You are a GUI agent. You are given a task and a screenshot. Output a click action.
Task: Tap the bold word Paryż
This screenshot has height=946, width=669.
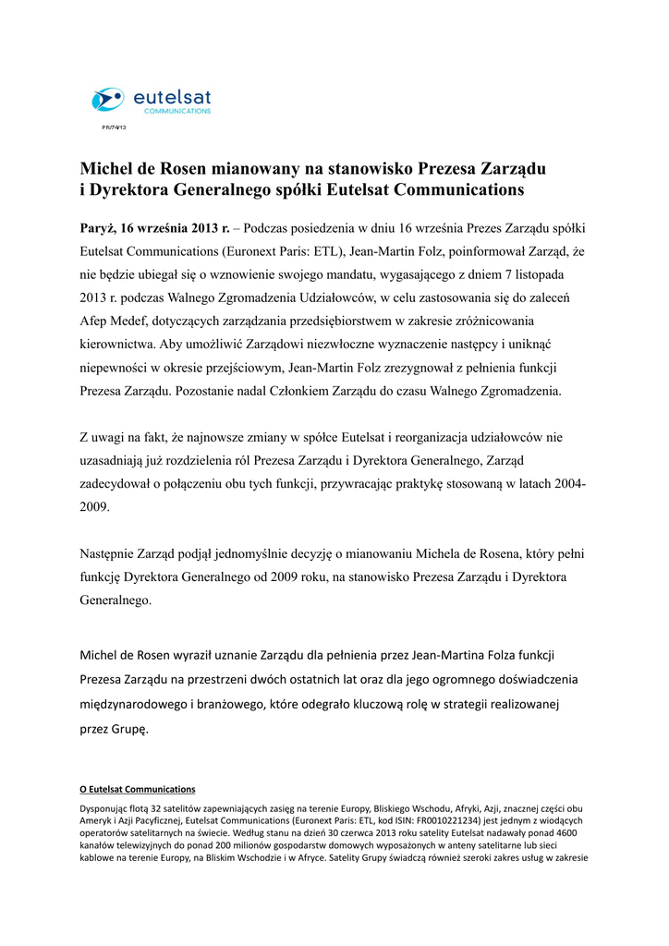[x=98, y=227]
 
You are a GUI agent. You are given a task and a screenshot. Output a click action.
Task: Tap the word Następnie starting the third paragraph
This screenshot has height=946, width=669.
[x=111, y=554]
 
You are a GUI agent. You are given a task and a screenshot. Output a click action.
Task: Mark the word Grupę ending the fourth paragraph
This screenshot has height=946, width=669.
[x=128, y=727]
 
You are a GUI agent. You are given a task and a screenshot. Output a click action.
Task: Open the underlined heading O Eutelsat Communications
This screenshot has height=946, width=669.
[x=138, y=790]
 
